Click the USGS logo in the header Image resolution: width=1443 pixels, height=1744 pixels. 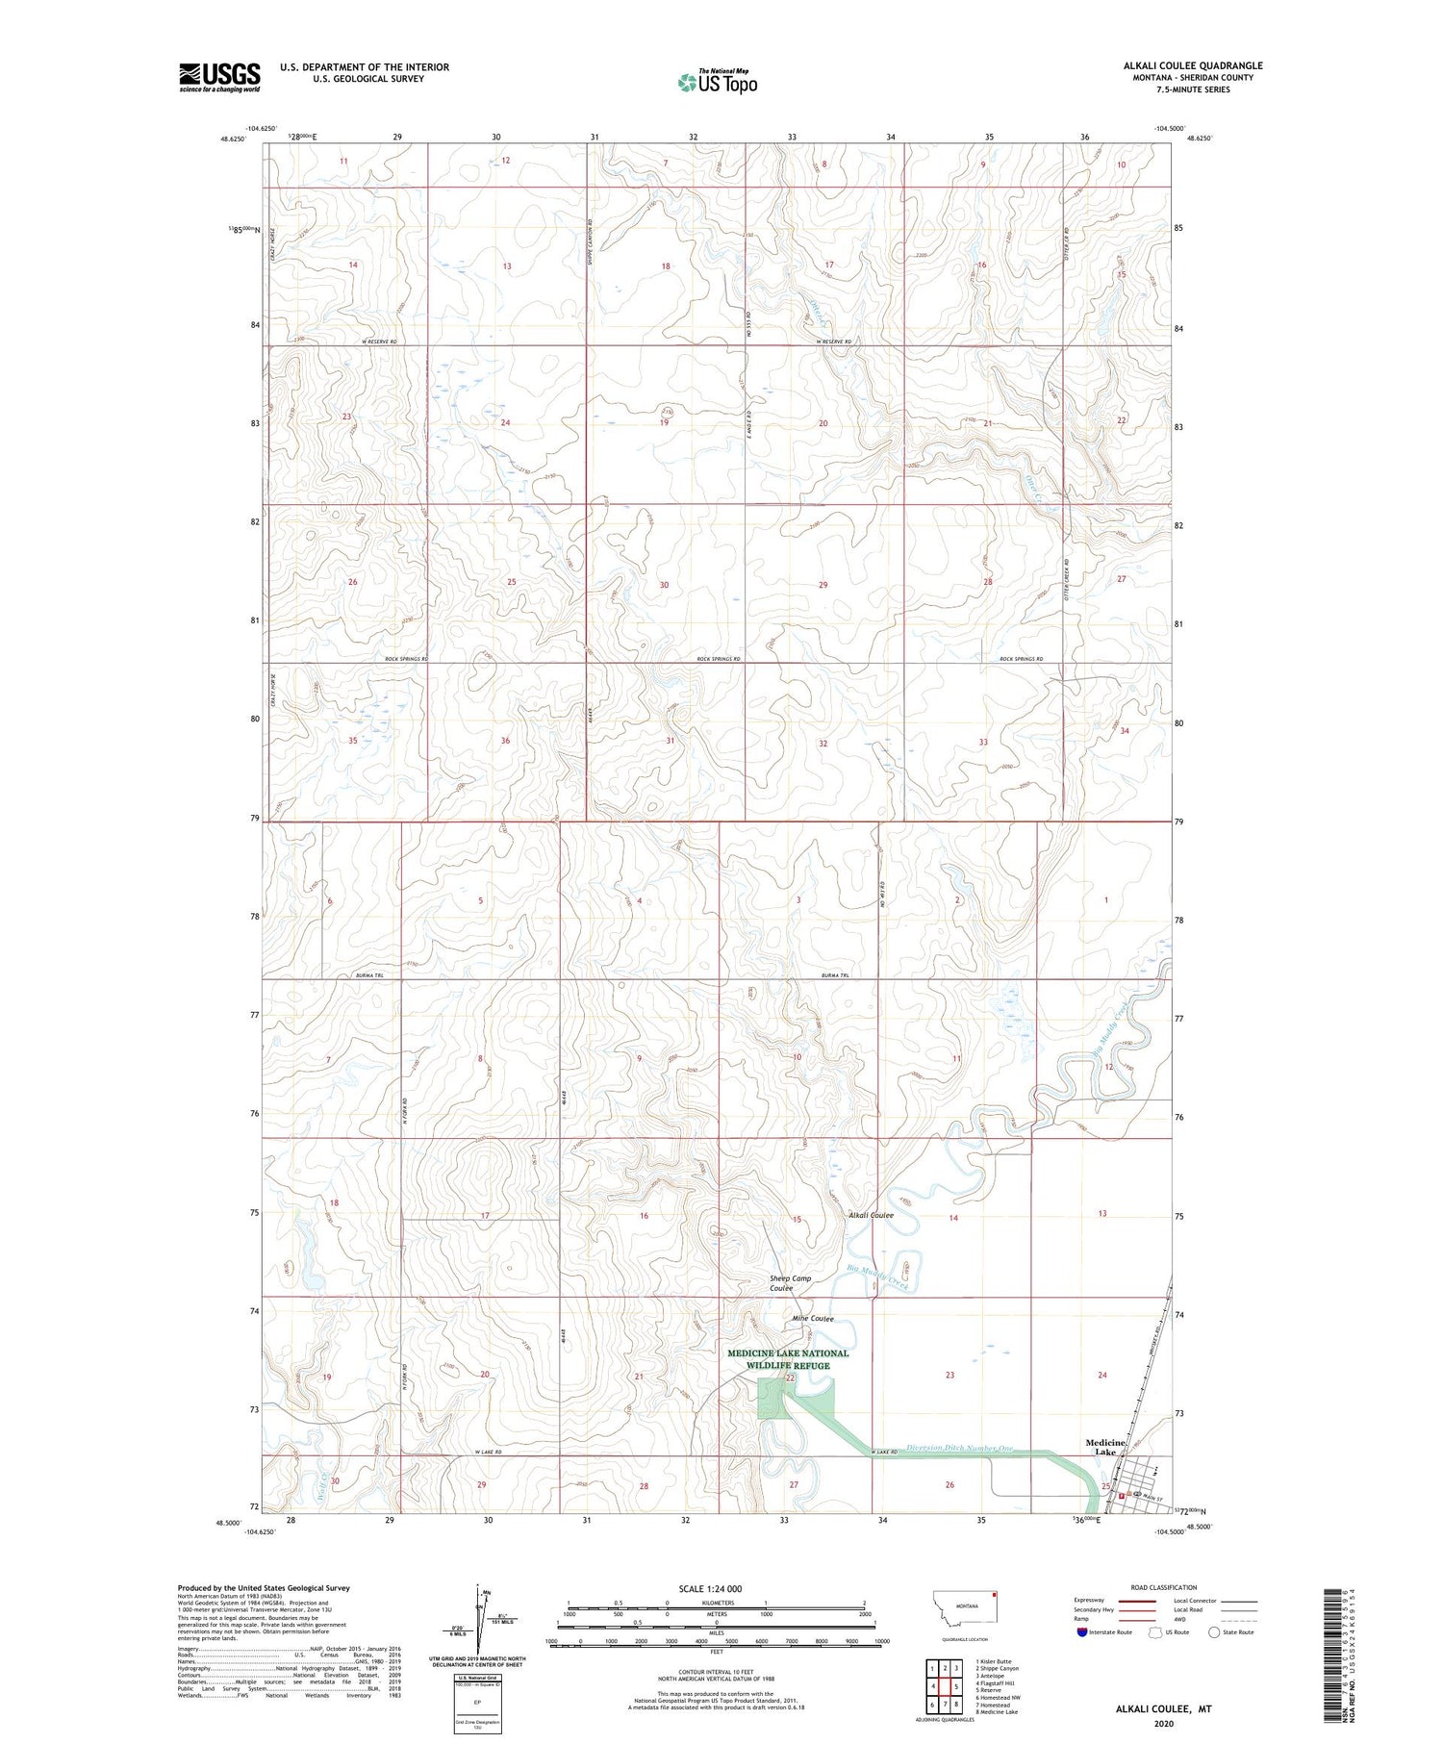219,77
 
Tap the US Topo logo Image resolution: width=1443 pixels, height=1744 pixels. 717,82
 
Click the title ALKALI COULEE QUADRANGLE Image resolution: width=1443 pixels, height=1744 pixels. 1193,66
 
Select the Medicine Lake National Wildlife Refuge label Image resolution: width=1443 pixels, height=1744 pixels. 788,1359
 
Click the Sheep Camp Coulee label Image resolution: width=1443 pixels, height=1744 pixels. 790,1283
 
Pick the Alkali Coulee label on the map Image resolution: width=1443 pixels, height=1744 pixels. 871,1215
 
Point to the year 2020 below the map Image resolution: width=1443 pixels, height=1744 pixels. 1162,1723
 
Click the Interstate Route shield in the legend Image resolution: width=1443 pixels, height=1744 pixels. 1081,1632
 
